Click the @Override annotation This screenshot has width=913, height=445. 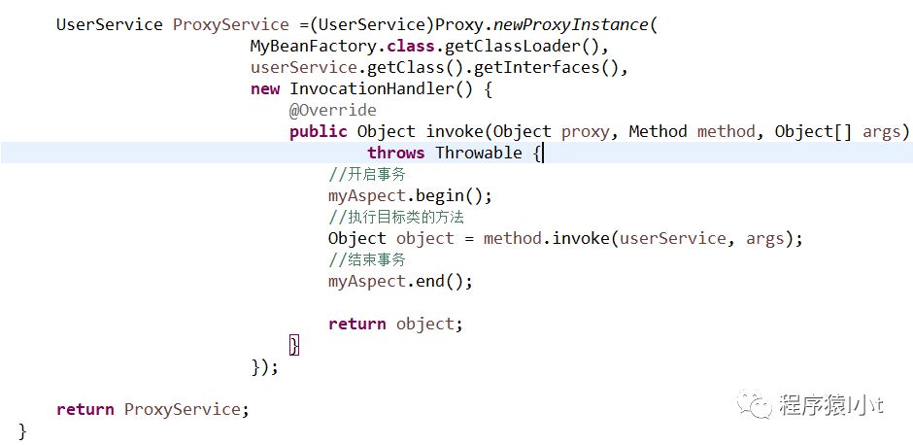[332, 111]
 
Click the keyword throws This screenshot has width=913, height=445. [395, 153]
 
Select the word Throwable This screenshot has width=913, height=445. [478, 153]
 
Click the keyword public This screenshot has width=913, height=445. [318, 132]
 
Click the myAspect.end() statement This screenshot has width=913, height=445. [400, 281]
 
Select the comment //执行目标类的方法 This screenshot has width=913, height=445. [395, 217]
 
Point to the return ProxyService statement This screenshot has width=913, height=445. [152, 409]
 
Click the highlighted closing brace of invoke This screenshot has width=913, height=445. [294, 345]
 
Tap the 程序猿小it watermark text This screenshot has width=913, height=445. [831, 405]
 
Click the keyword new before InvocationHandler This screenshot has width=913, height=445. [265, 89]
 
